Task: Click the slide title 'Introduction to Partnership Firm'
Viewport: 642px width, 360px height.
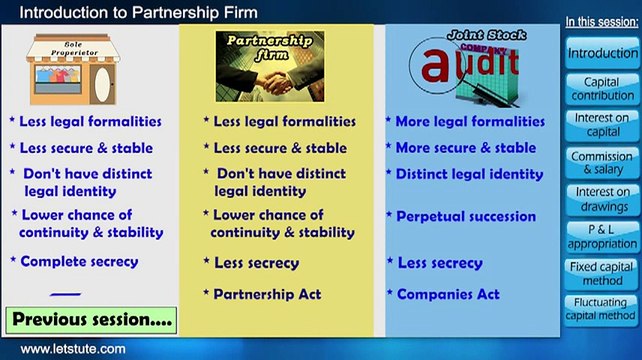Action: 138,12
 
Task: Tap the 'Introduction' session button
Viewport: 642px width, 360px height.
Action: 601,52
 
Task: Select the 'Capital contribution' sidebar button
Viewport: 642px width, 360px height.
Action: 601,89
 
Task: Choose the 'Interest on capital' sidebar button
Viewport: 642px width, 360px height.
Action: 601,125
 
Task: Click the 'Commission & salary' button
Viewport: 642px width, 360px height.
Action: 601,163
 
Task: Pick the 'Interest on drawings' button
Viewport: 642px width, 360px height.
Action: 601,199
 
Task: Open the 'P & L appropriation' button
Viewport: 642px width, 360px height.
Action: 601,236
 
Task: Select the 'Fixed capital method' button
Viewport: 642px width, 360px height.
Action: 601,273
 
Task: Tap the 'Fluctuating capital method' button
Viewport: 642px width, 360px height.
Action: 601,309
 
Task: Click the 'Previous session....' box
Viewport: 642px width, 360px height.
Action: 91,320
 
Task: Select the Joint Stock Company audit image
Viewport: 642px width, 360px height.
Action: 468,66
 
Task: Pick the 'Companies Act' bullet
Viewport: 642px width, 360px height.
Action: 448,294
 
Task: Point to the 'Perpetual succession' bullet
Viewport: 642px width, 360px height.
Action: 466,216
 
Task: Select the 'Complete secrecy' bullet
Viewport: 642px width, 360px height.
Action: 79,261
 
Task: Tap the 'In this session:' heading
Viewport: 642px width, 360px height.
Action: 601,21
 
